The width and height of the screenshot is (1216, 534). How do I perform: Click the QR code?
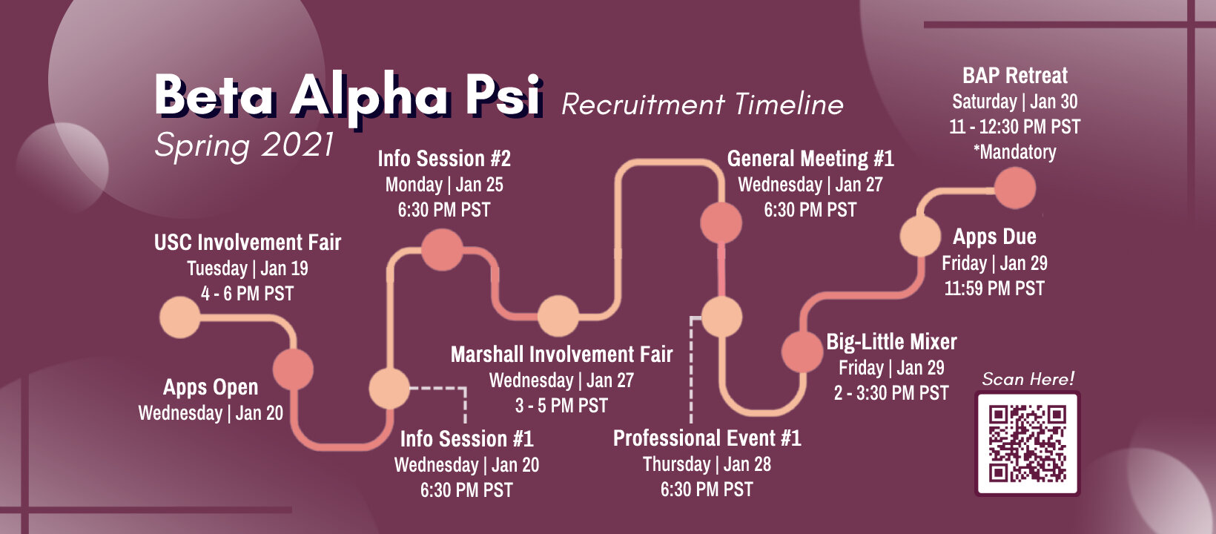(x=1027, y=444)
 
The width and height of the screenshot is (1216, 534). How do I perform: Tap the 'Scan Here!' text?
(x=1028, y=379)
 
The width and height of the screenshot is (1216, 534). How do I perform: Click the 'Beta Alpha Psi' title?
(x=348, y=96)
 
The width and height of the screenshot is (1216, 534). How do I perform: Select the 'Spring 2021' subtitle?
(x=244, y=146)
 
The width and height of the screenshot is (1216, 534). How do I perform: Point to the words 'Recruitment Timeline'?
(x=702, y=104)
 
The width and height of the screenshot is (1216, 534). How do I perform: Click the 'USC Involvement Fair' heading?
(x=248, y=243)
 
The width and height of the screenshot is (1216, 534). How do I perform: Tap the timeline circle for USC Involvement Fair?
(x=179, y=317)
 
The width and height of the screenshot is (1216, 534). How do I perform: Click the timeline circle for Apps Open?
(x=293, y=369)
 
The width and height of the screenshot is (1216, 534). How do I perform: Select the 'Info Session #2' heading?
(x=444, y=159)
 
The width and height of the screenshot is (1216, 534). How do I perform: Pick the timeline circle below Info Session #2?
(x=443, y=250)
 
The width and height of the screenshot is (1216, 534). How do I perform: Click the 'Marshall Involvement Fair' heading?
(x=561, y=355)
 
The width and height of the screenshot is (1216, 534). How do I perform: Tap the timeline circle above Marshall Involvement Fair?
(x=558, y=316)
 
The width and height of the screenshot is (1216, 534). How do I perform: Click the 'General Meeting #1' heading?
(x=810, y=159)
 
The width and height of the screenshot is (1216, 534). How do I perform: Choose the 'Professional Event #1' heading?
(x=707, y=438)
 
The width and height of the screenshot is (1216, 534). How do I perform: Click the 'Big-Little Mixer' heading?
(x=891, y=342)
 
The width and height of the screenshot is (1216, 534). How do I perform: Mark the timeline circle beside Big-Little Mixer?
(x=802, y=352)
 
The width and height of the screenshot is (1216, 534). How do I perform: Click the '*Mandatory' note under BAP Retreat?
(x=1014, y=152)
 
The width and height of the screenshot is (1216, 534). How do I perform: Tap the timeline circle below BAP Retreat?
(x=1015, y=188)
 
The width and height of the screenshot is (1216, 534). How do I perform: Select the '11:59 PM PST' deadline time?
(x=994, y=289)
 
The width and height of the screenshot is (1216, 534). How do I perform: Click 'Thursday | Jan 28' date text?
(x=707, y=464)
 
